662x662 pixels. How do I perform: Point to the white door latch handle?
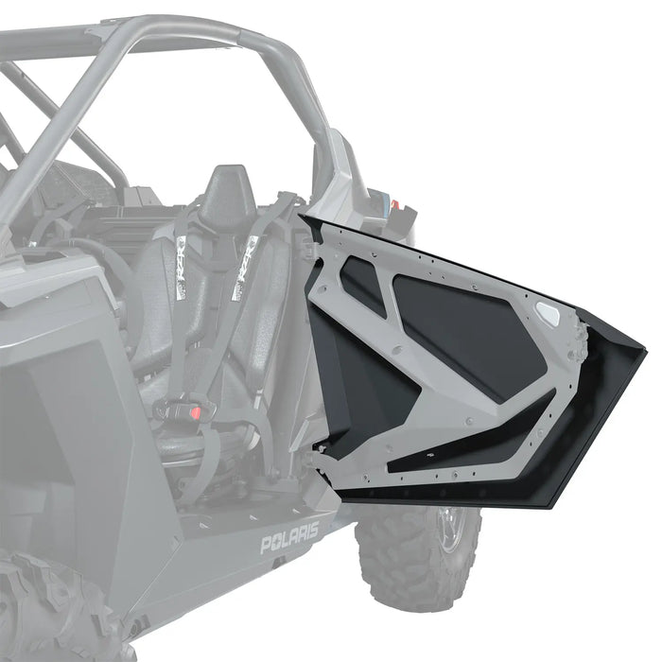tap(548, 311)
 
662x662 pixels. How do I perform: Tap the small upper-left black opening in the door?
tap(363, 285)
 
